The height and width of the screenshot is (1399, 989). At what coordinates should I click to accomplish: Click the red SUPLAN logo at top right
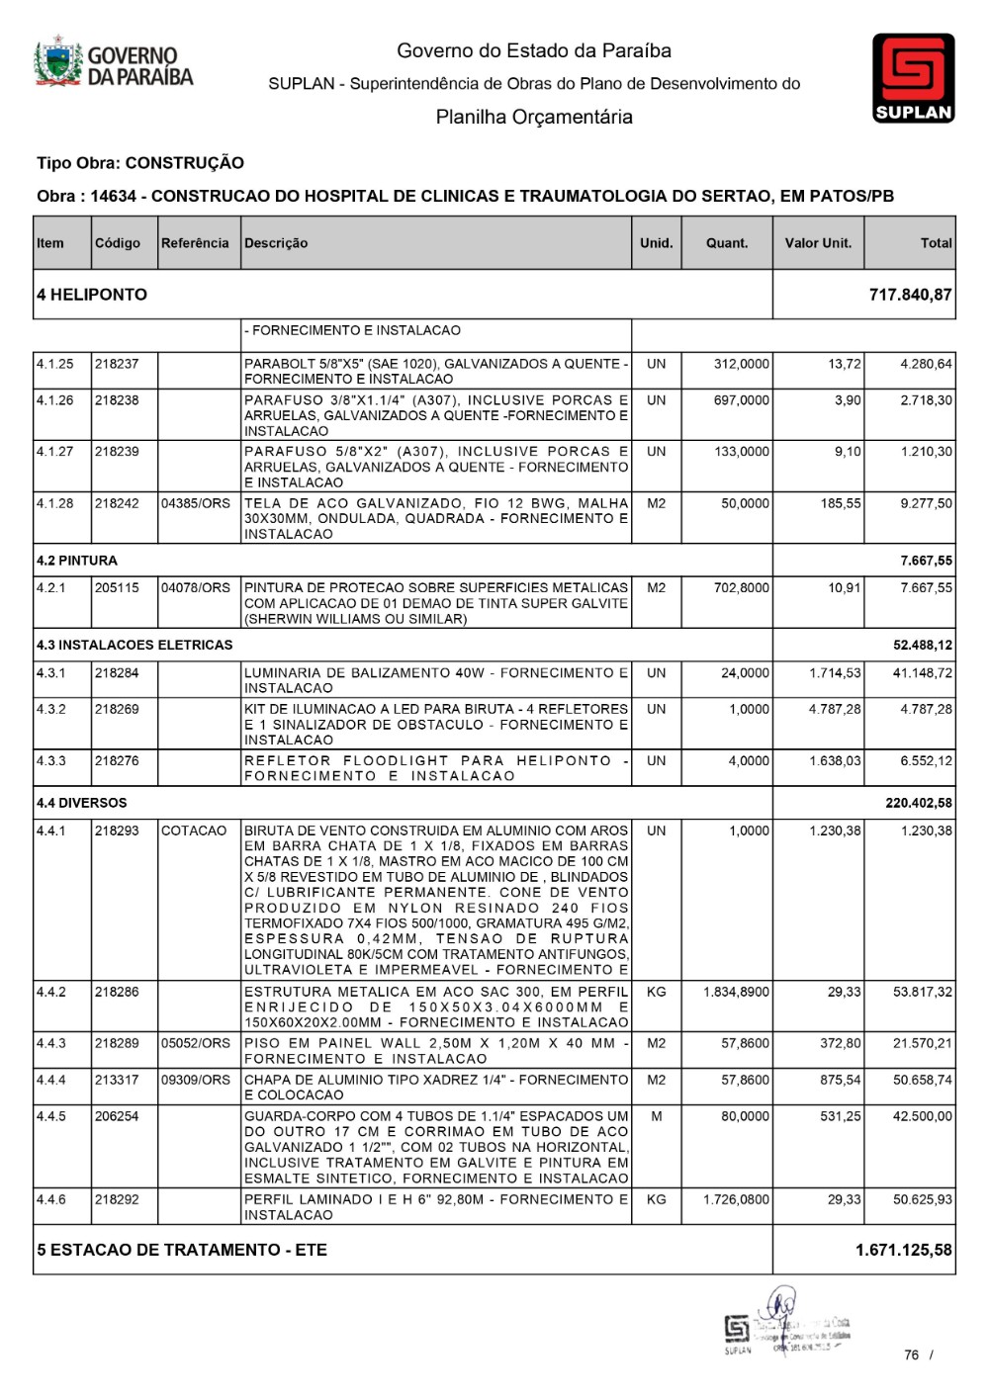(913, 77)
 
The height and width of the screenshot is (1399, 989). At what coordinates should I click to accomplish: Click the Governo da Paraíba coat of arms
(58, 63)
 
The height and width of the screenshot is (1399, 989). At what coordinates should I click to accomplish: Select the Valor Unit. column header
(818, 243)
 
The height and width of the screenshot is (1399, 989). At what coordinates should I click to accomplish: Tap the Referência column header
(195, 243)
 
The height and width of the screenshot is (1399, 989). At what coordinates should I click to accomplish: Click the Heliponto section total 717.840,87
(910, 295)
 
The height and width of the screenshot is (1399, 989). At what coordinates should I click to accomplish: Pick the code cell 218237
(118, 364)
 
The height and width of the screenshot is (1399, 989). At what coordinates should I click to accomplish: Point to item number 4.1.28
(55, 503)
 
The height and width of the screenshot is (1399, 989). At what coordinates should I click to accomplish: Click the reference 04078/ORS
(196, 587)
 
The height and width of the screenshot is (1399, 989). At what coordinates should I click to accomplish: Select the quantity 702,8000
(741, 587)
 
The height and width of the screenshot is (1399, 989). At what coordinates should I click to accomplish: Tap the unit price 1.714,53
(835, 673)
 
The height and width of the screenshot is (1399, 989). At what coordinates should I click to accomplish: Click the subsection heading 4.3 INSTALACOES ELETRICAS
(135, 645)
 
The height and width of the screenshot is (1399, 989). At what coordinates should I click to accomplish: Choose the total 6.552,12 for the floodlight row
(926, 761)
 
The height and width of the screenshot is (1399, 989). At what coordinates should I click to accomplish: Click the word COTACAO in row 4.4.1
(194, 831)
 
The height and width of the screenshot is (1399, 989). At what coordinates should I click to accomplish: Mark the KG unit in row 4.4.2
(656, 992)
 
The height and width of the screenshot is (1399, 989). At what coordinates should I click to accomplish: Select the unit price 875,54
(840, 1080)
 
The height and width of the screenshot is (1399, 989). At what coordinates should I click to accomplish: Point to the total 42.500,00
(923, 1116)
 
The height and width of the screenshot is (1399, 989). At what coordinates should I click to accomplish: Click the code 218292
(118, 1199)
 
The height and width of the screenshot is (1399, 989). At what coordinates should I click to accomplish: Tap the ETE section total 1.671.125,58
(903, 1250)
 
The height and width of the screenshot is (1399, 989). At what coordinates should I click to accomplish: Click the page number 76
(911, 1355)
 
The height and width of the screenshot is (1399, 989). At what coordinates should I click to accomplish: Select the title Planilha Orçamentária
(534, 117)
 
